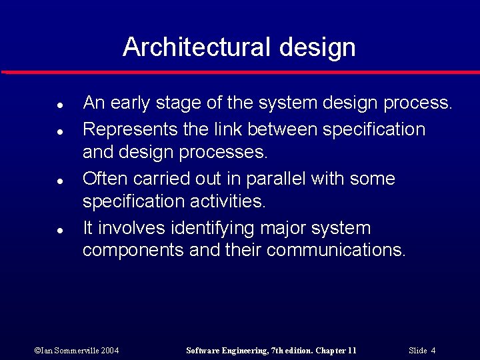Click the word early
[131, 103]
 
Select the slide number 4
[433, 351]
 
